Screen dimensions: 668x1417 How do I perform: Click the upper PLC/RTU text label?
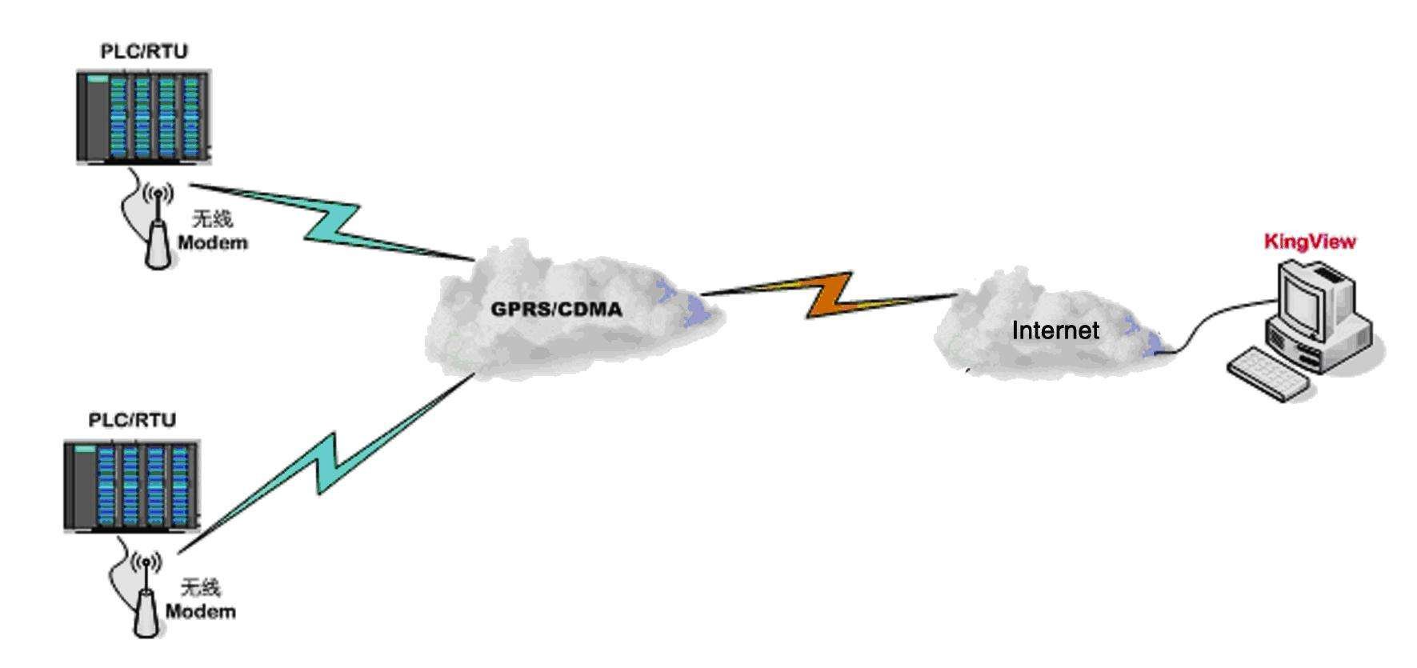(x=143, y=51)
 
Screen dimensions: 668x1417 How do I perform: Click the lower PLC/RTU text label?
(x=132, y=420)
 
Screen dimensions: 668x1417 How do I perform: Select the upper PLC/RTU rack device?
(x=144, y=117)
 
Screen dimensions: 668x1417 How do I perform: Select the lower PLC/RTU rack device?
(x=132, y=486)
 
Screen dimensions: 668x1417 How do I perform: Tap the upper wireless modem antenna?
(x=158, y=232)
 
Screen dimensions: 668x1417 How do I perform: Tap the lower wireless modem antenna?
(x=146, y=600)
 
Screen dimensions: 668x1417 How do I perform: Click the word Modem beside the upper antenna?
(x=212, y=242)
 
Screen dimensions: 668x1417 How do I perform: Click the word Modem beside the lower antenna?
(x=200, y=612)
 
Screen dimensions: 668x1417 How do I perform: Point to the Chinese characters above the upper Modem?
(x=212, y=219)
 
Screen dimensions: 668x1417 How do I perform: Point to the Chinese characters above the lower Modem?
(x=200, y=589)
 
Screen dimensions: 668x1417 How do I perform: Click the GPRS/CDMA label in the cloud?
(x=556, y=309)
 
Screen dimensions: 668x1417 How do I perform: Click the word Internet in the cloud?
(x=1055, y=330)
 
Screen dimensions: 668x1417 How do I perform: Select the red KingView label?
(x=1310, y=242)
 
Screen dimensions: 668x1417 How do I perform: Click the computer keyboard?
(x=1268, y=374)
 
